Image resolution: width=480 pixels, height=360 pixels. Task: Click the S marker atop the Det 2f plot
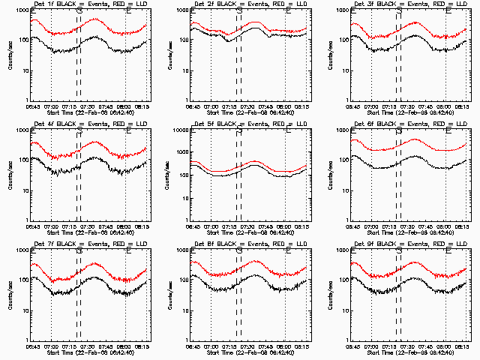pos(238,12)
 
